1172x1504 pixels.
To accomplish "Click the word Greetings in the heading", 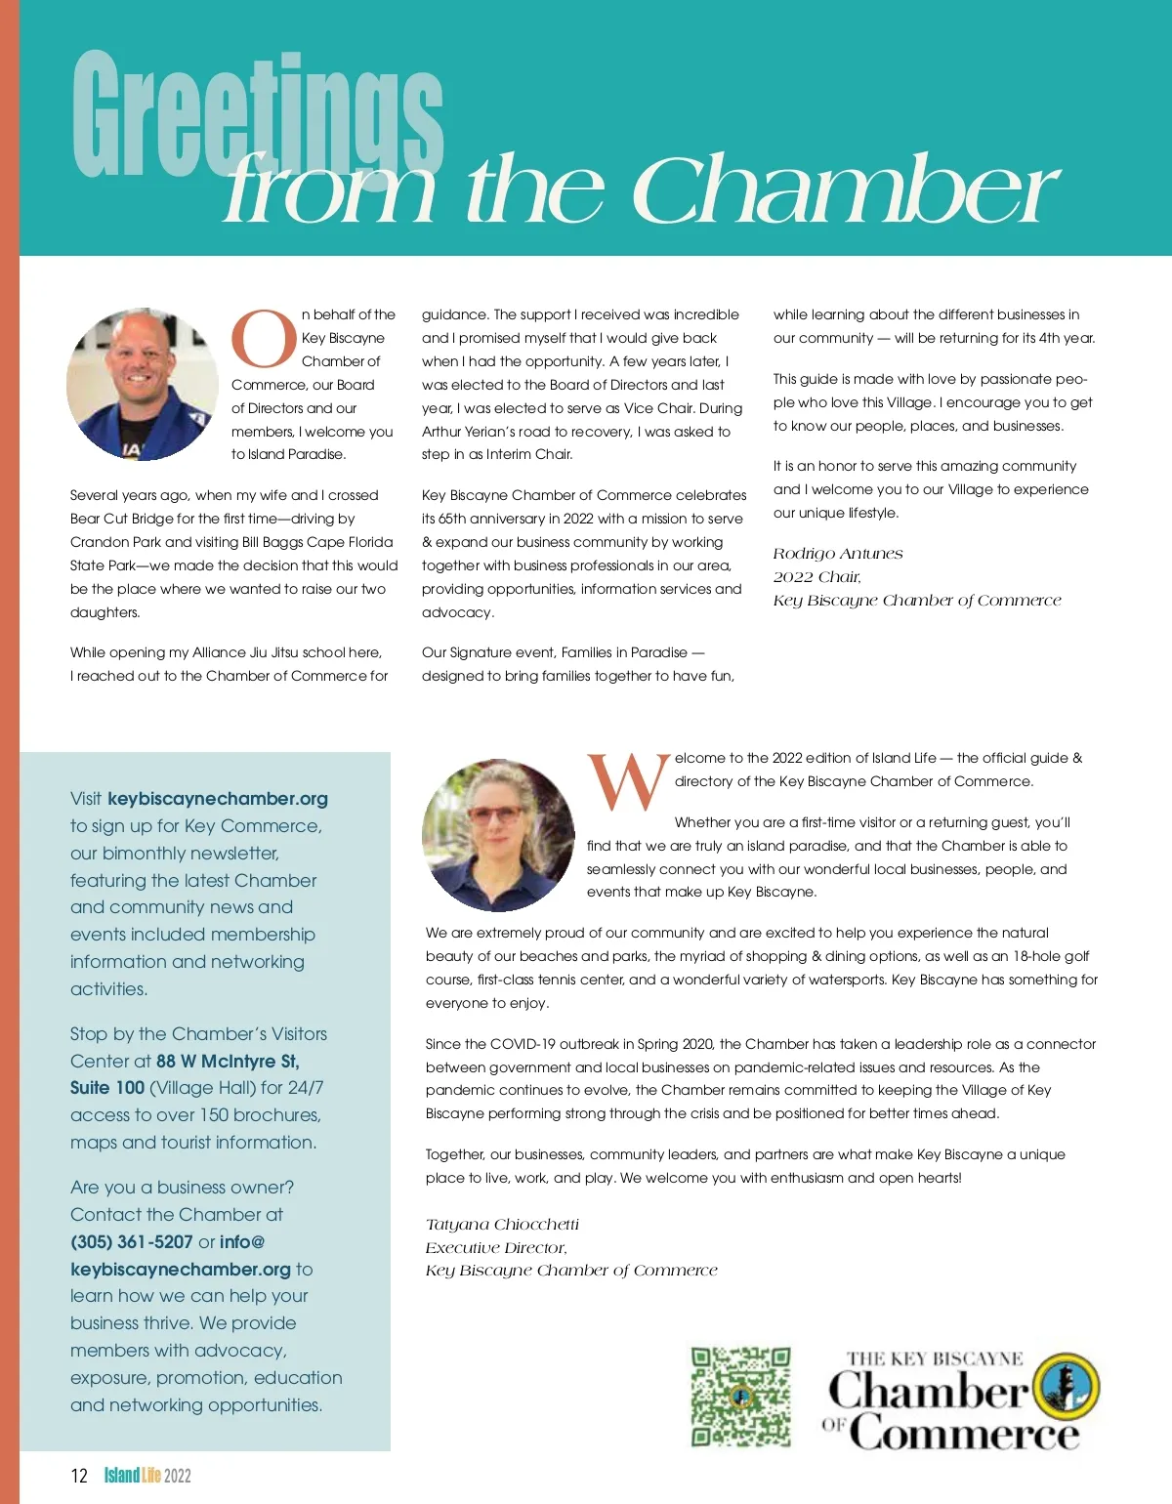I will tap(258, 115).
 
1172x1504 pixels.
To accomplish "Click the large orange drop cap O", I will tap(264, 340).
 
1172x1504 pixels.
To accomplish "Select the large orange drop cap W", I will tap(628, 784).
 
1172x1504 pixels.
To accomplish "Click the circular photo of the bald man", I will tap(143, 384).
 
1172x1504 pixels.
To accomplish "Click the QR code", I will tap(740, 1397).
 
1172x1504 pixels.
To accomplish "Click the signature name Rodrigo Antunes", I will tap(838, 554).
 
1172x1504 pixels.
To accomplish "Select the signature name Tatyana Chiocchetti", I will tap(502, 1225).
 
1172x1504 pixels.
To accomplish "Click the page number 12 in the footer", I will tap(79, 1476).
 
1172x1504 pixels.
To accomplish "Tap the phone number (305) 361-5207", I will tap(132, 1242).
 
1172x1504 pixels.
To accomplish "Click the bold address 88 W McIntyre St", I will tap(228, 1061).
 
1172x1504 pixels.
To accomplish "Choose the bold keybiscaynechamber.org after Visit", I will tap(218, 799).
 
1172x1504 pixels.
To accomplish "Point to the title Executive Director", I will tap(495, 1248).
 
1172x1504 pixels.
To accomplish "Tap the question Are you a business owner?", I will tap(182, 1188).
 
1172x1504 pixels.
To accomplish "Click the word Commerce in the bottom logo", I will tap(964, 1434).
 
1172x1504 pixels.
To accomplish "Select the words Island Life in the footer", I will tap(133, 1476).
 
